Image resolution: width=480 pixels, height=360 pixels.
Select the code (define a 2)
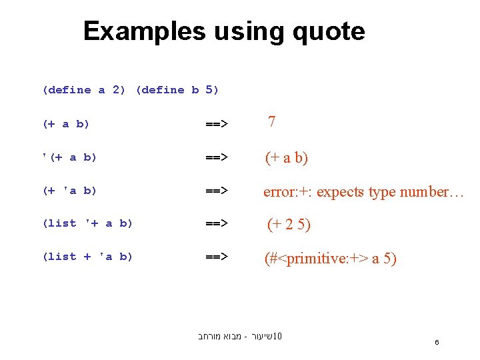coord(83,90)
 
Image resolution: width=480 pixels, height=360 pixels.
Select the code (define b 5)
coord(177,90)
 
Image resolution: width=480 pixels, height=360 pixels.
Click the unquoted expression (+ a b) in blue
coord(65,124)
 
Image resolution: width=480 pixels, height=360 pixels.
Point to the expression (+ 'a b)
coord(69,191)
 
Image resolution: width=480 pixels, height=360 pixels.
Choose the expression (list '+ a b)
coord(87,223)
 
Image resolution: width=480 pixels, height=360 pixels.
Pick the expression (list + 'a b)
coord(87,257)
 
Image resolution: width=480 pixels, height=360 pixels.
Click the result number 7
coord(272,122)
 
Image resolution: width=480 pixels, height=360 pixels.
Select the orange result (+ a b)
coord(287,158)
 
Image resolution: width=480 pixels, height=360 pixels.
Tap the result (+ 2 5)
coord(289,225)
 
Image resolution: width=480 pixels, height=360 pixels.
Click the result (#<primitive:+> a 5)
coord(330,259)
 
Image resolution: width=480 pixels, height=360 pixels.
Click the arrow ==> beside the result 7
coord(216,124)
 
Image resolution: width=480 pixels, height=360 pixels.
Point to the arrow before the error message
coord(216,191)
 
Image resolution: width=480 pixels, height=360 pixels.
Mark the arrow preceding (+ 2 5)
coord(216,223)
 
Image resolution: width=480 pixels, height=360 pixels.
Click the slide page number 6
coord(437,342)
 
